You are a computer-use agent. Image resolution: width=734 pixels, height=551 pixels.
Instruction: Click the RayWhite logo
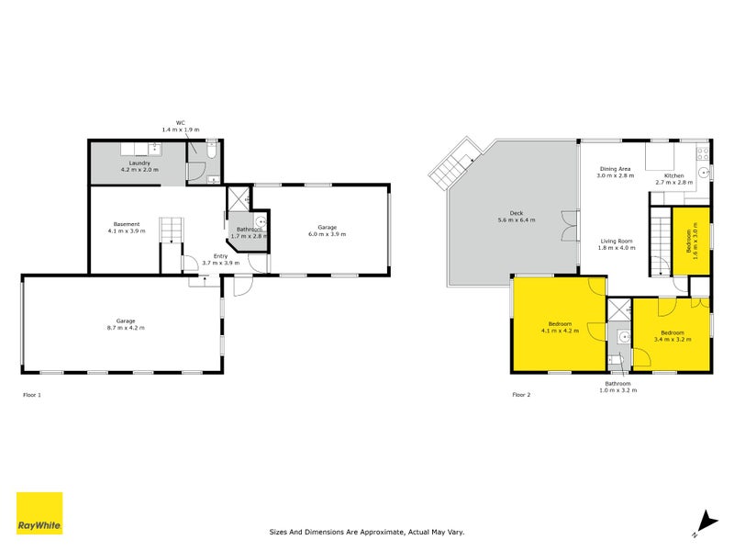click(39, 513)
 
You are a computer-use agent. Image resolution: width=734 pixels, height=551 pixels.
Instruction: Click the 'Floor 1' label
click(32, 395)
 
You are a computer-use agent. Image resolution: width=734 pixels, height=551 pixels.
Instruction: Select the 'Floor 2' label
click(521, 395)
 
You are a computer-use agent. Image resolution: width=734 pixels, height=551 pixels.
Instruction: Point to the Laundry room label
click(139, 166)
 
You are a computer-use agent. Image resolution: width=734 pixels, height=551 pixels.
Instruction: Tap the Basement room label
click(127, 228)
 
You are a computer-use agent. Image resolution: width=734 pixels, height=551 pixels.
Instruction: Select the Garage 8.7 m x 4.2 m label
click(121, 324)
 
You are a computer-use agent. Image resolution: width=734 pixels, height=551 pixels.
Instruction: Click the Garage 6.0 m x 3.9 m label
click(328, 231)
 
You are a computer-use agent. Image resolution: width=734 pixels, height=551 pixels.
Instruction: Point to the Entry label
click(220, 259)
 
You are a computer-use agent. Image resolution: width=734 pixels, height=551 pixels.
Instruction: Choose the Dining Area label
click(615, 172)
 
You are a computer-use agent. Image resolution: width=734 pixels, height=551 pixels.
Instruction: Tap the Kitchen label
click(674, 178)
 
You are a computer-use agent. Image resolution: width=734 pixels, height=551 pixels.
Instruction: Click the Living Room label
click(616, 243)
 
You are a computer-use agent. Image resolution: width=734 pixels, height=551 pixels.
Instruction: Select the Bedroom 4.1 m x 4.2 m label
click(560, 327)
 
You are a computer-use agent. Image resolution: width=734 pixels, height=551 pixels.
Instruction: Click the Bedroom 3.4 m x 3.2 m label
click(672, 335)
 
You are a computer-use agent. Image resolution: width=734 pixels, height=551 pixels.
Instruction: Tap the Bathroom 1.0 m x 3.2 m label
click(617, 387)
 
